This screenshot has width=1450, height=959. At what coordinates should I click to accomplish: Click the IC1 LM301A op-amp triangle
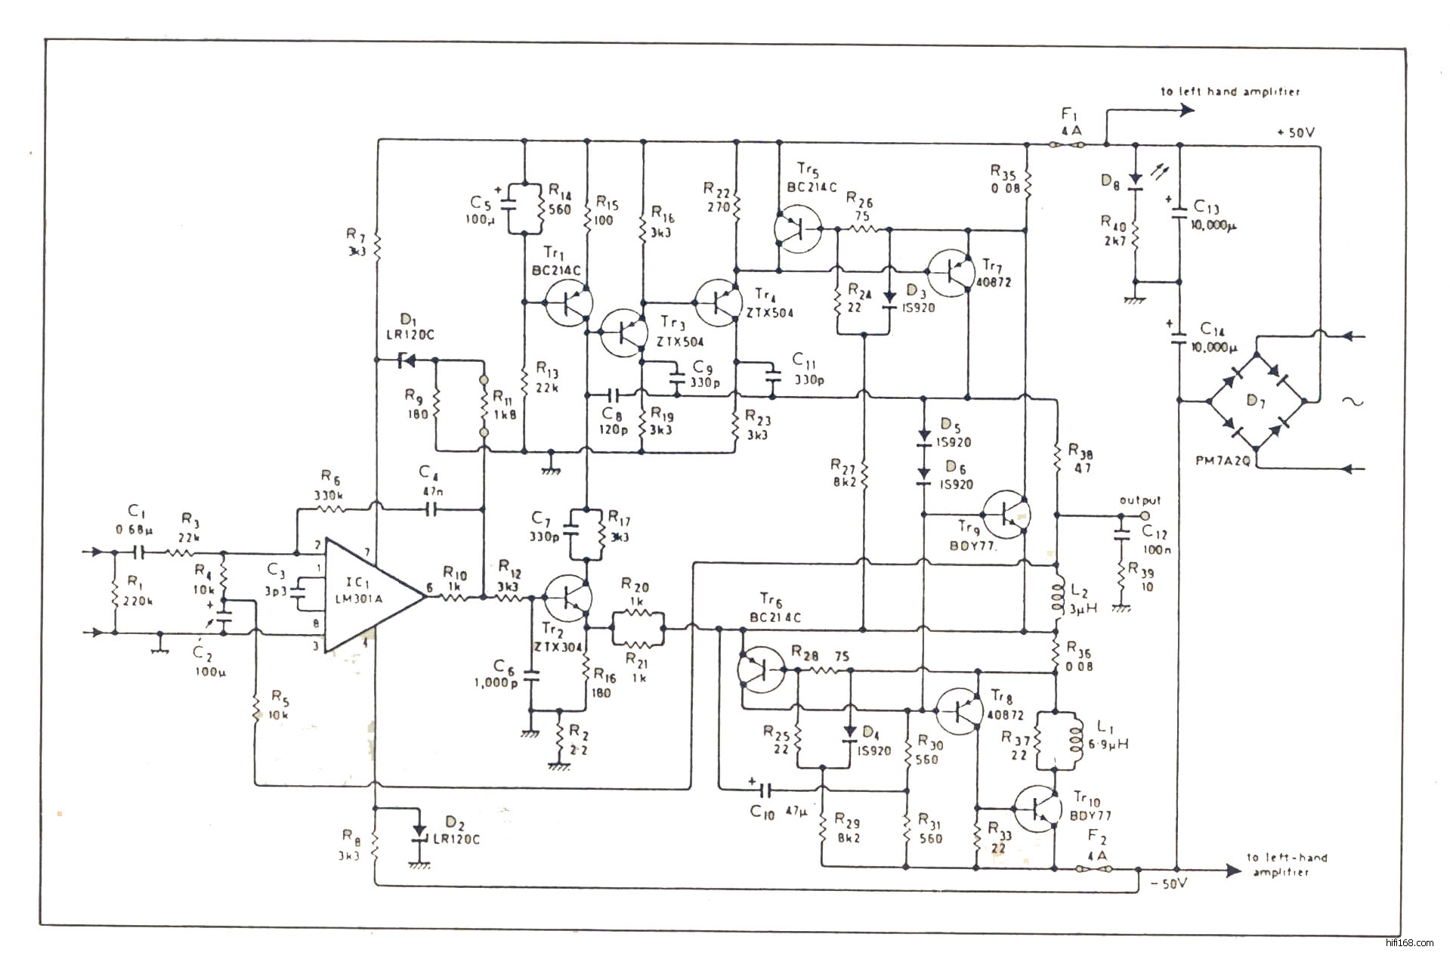[370, 596]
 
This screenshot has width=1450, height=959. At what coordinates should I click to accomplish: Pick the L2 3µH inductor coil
[1056, 597]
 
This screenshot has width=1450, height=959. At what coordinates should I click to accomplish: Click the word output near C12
[1139, 500]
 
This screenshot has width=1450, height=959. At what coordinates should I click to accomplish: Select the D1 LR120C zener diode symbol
[407, 361]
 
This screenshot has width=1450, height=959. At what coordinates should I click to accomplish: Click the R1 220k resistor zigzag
[114, 594]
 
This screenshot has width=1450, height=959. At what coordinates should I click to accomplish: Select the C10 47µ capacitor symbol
[765, 790]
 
